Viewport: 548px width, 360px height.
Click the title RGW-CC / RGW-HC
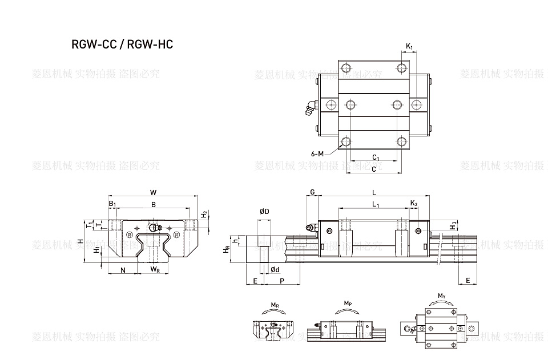[x=122, y=45]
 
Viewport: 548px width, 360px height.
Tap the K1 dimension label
[x=410, y=46]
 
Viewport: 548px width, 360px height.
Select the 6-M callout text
[x=318, y=153]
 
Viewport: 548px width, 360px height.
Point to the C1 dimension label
[x=376, y=157]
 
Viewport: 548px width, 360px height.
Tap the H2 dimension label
[x=204, y=215]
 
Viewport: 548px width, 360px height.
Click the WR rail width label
[x=155, y=269]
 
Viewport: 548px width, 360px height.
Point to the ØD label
[x=264, y=212]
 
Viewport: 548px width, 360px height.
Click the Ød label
[x=275, y=269]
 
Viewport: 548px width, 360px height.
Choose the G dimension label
[x=313, y=192]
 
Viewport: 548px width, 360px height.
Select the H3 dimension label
[x=453, y=225]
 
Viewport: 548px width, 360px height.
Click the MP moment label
[x=348, y=303]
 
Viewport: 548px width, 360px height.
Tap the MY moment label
[x=441, y=296]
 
